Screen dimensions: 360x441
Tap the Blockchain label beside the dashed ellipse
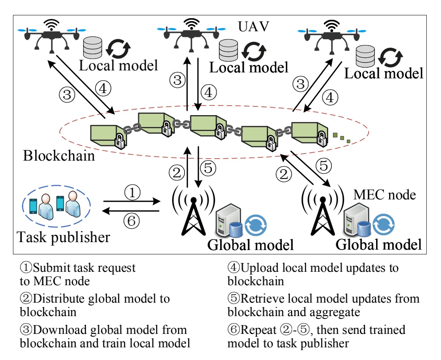pos(59,155)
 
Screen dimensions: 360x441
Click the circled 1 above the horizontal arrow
pos(132,193)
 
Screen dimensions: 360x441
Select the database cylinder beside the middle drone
pos(228,50)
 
